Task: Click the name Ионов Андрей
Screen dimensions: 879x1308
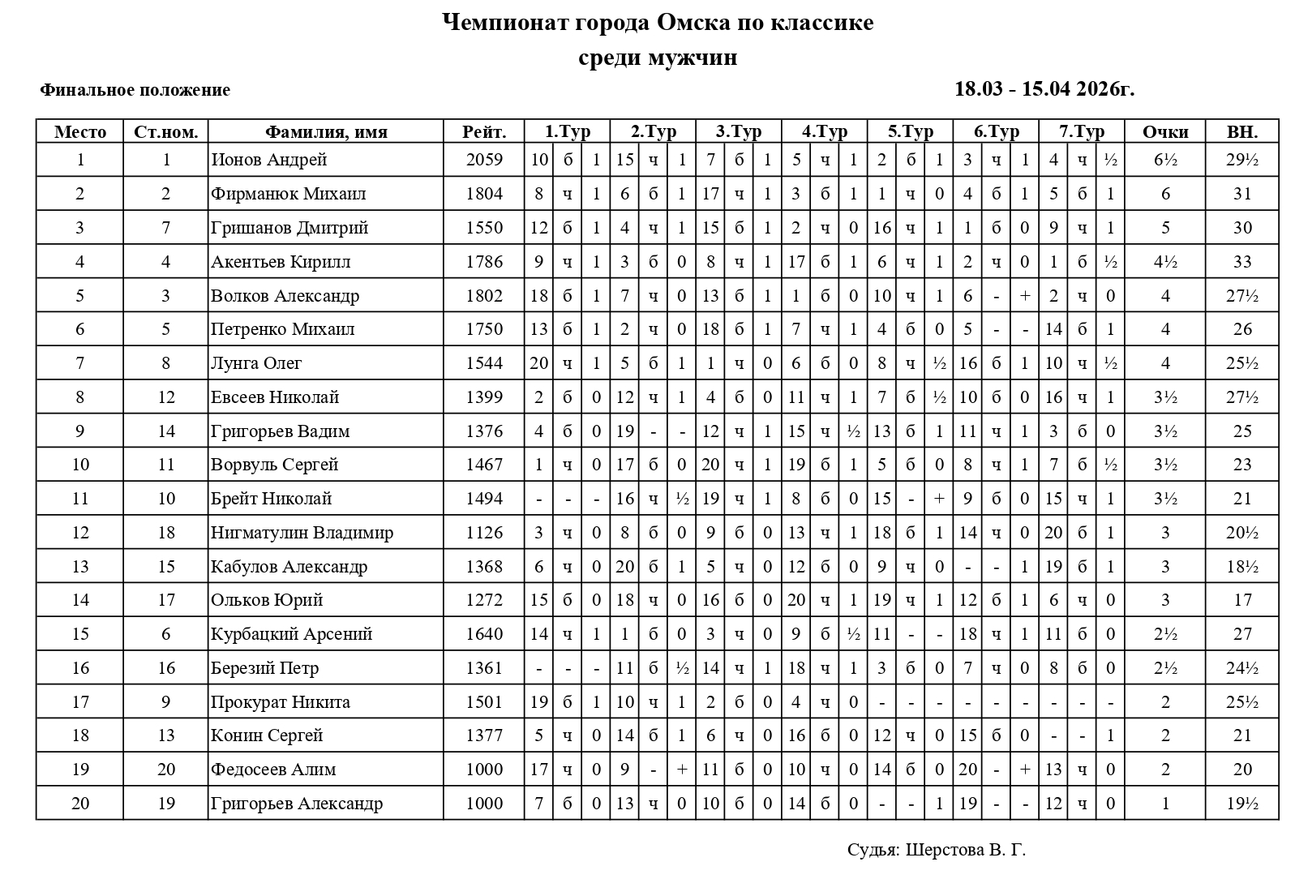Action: coord(268,160)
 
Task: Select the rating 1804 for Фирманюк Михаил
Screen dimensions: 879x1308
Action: coord(484,194)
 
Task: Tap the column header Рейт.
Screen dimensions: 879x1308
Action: coord(484,132)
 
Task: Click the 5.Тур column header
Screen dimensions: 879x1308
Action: coord(910,132)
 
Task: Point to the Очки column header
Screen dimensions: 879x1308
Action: coord(1165,132)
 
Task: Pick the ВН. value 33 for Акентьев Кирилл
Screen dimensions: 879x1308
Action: coord(1242,262)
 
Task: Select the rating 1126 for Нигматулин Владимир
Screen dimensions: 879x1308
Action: coord(484,533)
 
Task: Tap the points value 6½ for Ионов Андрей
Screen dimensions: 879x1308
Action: coord(1165,160)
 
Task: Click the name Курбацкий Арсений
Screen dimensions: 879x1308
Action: coord(291,634)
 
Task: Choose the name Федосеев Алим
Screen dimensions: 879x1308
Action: coord(273,770)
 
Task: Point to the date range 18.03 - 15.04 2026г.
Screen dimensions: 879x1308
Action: coord(1044,89)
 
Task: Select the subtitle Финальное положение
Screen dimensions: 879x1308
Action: coord(135,90)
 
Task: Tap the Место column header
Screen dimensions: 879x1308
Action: coord(80,132)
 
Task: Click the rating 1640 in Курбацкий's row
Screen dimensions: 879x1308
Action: coord(484,634)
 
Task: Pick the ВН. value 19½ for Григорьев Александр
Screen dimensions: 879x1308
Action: coord(1242,804)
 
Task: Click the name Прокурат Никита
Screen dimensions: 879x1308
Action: coord(281,702)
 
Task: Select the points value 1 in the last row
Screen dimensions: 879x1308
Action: coord(1165,804)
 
